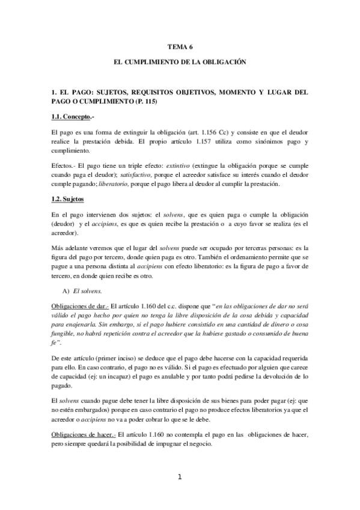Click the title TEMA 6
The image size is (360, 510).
point(180,46)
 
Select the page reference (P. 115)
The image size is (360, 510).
point(139,103)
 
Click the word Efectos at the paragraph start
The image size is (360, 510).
point(62,162)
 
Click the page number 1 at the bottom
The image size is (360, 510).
point(179,478)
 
